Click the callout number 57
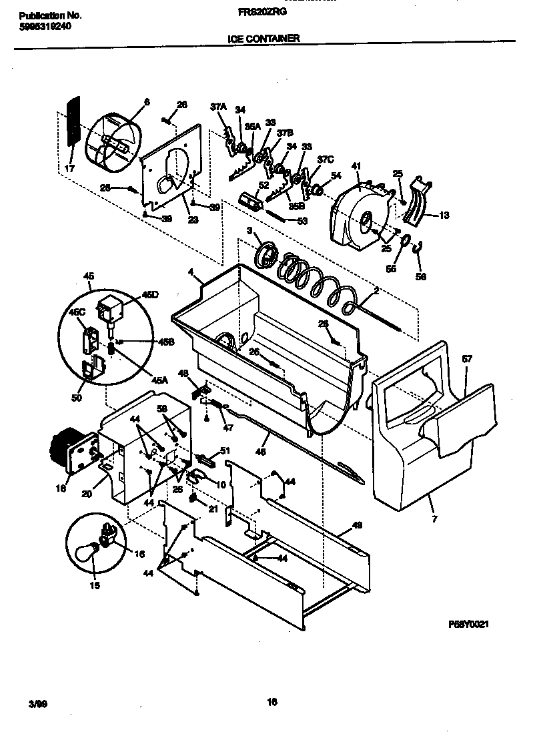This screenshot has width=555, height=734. click(467, 359)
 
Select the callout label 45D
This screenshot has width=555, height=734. click(151, 294)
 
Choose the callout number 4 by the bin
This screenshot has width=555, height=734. click(190, 272)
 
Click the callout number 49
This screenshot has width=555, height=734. click(357, 525)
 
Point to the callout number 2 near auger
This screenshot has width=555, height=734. click(376, 291)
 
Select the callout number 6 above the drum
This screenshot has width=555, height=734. click(147, 101)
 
